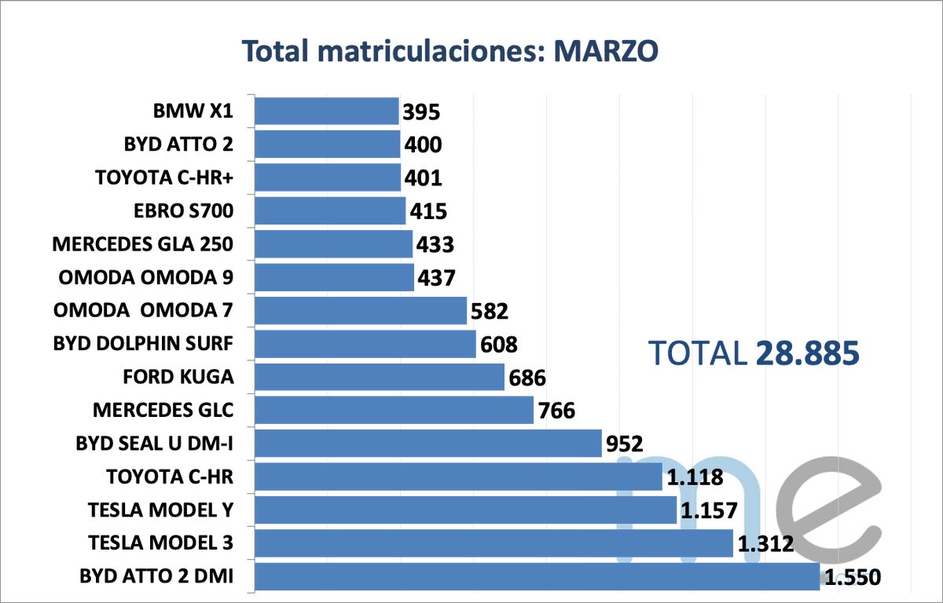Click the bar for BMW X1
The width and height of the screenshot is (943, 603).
327,111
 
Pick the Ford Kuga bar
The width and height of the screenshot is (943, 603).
380,377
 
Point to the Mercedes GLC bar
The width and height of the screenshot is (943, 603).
394,410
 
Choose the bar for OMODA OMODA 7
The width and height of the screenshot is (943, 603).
361,310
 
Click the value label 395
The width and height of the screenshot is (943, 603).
421,112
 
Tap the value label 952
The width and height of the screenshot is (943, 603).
625,444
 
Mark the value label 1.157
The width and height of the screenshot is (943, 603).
709,511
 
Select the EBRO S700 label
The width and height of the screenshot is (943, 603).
185,211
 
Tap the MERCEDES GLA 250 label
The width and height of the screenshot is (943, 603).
143,244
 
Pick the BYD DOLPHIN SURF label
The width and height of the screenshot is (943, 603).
144,343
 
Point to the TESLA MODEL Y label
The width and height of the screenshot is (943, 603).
161,510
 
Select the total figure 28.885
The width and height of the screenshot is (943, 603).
807,354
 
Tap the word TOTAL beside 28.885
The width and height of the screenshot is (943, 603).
698,354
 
